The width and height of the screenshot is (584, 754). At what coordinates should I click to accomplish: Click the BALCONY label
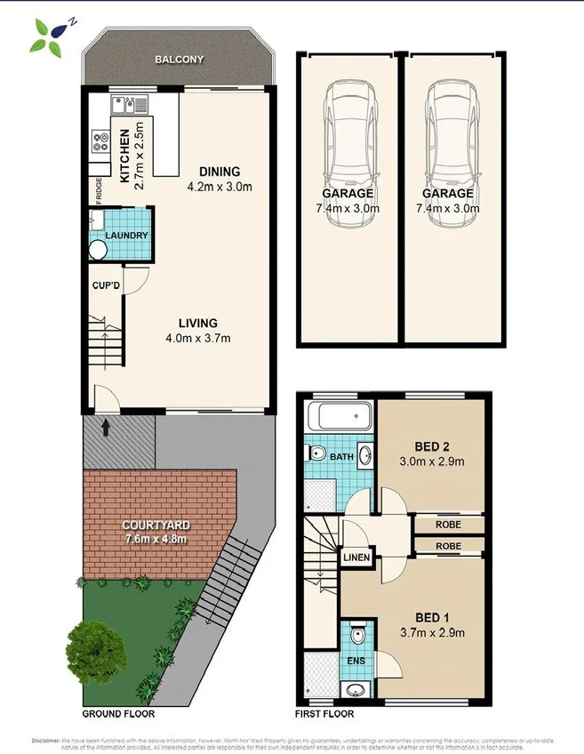pyautogui.click(x=179, y=60)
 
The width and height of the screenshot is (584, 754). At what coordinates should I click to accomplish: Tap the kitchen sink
pyautogui.click(x=126, y=105)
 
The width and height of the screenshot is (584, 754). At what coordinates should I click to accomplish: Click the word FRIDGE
pyautogui.click(x=99, y=191)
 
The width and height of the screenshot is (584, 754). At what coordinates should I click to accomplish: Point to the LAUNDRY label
pyautogui.click(x=126, y=236)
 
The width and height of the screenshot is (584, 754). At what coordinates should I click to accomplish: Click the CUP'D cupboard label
pyautogui.click(x=106, y=286)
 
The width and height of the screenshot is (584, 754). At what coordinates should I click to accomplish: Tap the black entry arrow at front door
pyautogui.click(x=107, y=428)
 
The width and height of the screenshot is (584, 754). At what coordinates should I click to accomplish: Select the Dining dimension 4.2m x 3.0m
pyautogui.click(x=220, y=187)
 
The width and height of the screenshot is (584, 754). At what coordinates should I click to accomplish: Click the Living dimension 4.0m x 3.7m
pyautogui.click(x=196, y=338)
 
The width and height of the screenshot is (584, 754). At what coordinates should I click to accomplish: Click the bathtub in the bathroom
pyautogui.click(x=338, y=417)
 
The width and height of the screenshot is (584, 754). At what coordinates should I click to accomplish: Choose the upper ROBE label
pyautogui.click(x=448, y=525)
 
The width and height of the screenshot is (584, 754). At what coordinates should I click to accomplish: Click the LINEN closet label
pyautogui.click(x=356, y=557)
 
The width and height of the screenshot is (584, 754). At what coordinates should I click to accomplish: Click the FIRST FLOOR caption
pyautogui.click(x=324, y=714)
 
